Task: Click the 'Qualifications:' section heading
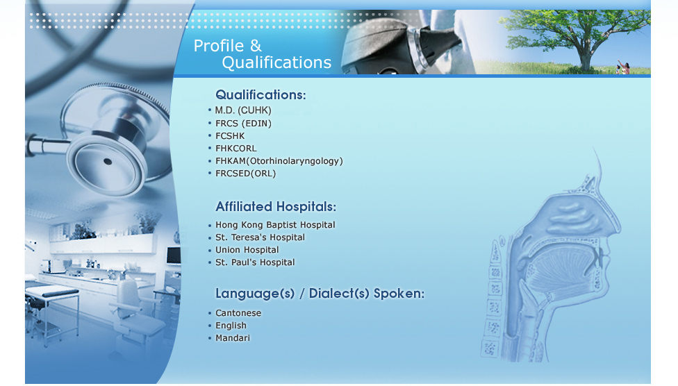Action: point(261,94)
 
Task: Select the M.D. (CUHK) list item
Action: point(243,110)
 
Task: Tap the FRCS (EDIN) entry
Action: point(243,123)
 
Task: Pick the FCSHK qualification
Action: point(230,136)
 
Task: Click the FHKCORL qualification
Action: point(236,149)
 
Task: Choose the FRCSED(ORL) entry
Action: point(246,174)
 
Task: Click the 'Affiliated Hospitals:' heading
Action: point(276,207)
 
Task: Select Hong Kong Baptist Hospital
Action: point(275,225)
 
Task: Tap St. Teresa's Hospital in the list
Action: point(261,237)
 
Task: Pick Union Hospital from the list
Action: point(247,250)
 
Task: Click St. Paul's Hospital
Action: point(255,262)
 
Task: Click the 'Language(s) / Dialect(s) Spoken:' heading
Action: point(320,294)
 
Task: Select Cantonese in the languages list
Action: point(238,313)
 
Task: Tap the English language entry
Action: point(231,326)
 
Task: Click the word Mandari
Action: point(233,338)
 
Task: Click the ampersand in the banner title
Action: point(256,45)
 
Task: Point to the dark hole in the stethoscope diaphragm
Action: point(108,162)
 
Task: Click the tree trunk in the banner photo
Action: point(586,58)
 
